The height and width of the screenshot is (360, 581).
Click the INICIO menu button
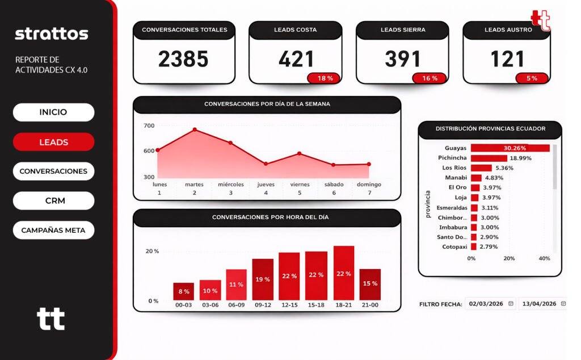(53, 112)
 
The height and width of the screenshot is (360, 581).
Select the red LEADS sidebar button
(53, 142)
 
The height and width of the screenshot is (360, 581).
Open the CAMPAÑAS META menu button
(53, 231)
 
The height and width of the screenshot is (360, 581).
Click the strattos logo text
(52, 34)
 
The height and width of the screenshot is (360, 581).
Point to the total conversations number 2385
(183, 59)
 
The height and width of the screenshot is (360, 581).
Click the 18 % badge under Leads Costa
(325, 78)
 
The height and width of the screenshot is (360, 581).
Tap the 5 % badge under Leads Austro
(532, 78)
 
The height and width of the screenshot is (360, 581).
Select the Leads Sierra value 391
(403, 59)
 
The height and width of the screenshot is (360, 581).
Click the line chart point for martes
(195, 129)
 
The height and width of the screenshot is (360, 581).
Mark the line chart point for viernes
(300, 153)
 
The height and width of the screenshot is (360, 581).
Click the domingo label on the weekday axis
(369, 185)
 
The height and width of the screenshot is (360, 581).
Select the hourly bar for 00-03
(184, 291)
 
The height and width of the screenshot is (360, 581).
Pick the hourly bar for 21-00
(370, 284)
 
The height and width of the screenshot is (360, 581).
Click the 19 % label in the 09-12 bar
(263, 279)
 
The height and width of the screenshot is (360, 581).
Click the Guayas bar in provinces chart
(510, 148)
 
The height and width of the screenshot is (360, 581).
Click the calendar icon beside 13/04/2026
(563, 304)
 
